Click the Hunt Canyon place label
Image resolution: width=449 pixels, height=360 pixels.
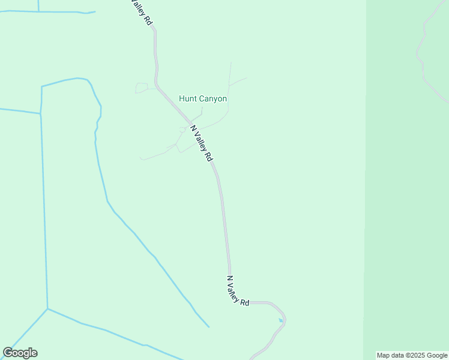tap(203, 99)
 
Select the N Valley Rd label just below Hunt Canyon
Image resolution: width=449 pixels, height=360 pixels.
tap(202, 143)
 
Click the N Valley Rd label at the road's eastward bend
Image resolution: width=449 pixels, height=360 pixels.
tap(238, 291)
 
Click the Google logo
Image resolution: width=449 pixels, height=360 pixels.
tap(20, 353)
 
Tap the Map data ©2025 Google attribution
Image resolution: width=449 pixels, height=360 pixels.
tap(412, 355)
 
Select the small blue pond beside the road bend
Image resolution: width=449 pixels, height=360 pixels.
tap(280, 320)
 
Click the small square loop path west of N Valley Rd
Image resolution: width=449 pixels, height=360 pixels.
tap(142, 88)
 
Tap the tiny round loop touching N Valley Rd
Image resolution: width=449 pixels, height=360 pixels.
tap(182, 130)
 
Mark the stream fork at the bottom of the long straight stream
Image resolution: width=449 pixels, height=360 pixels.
tap(47, 309)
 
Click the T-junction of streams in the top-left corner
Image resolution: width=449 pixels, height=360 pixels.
tap(38, 11)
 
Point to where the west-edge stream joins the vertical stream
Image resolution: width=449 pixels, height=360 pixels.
tap(40, 113)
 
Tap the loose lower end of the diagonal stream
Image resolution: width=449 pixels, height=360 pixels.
tap(209, 327)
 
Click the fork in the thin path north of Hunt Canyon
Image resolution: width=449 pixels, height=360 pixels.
tap(229, 85)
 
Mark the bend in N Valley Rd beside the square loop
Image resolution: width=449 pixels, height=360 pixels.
tap(157, 85)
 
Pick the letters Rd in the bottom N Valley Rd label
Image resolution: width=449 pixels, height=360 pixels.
tap(245, 302)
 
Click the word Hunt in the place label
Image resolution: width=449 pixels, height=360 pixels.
tap(188, 99)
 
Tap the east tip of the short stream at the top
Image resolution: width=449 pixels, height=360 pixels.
tap(95, 11)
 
